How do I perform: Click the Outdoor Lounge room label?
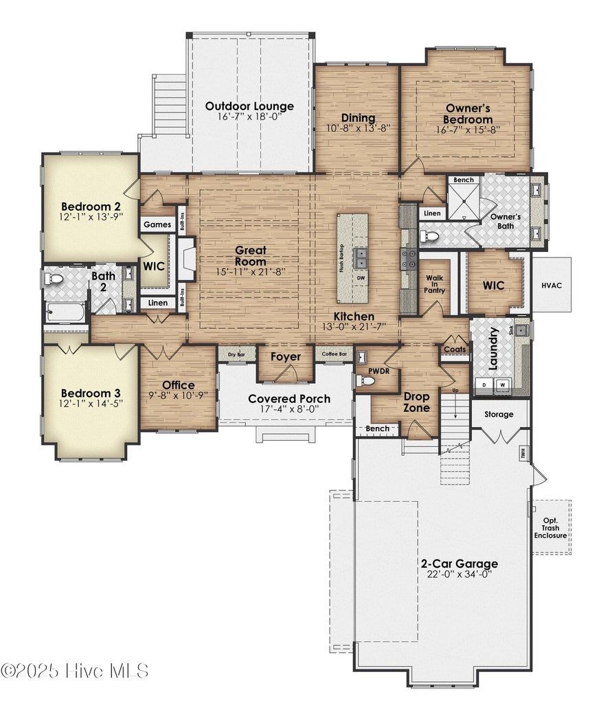[249, 106]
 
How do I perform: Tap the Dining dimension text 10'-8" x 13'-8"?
[357, 128]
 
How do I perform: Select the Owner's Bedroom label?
[468, 114]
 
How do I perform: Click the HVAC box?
[551, 285]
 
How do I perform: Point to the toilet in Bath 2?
[53, 279]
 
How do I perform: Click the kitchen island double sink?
[361, 257]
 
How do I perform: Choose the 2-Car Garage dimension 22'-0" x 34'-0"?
[459, 575]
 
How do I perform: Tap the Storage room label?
[499, 415]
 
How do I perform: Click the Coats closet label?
[455, 349]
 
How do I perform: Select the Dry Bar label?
[236, 354]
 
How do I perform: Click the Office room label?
[178, 385]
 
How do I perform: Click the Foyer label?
[285, 357]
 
